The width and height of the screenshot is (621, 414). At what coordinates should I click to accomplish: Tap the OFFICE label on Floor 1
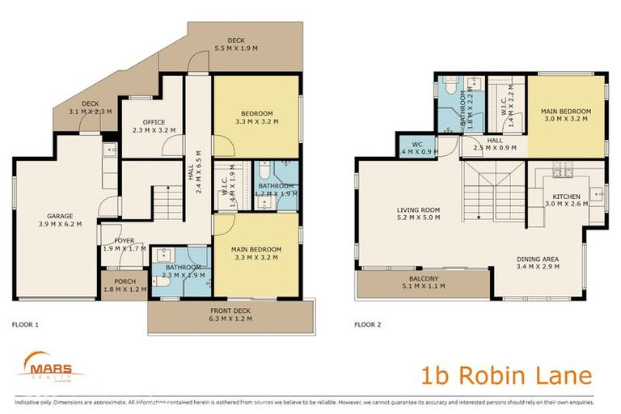click(x=148, y=121)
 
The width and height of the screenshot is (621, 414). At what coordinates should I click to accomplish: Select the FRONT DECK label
click(x=232, y=310)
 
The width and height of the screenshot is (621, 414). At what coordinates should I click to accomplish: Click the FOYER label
click(x=124, y=240)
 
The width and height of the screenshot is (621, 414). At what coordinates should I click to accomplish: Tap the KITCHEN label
click(x=566, y=196)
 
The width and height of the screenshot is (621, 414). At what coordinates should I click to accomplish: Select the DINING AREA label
click(x=539, y=260)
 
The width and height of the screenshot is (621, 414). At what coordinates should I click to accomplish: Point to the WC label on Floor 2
click(x=406, y=143)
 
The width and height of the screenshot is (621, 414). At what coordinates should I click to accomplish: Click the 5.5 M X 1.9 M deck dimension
click(x=235, y=49)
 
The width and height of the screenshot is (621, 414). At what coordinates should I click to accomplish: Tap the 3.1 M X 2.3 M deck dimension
click(x=90, y=111)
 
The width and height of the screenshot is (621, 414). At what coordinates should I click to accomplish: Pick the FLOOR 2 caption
click(x=367, y=324)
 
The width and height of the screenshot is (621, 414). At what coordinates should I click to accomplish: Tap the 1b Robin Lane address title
click(x=506, y=375)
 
